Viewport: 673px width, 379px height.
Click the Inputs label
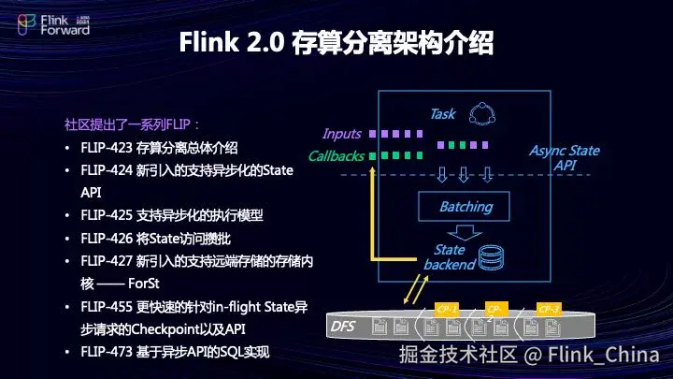[x=341, y=134]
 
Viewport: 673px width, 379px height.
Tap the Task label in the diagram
[x=442, y=114]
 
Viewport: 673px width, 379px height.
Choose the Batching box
[x=465, y=206]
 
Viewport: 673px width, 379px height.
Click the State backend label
[x=450, y=257]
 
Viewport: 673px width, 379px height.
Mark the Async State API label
[x=565, y=157]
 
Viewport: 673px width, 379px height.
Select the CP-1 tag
[x=447, y=309]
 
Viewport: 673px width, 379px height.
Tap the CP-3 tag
[x=549, y=309]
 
